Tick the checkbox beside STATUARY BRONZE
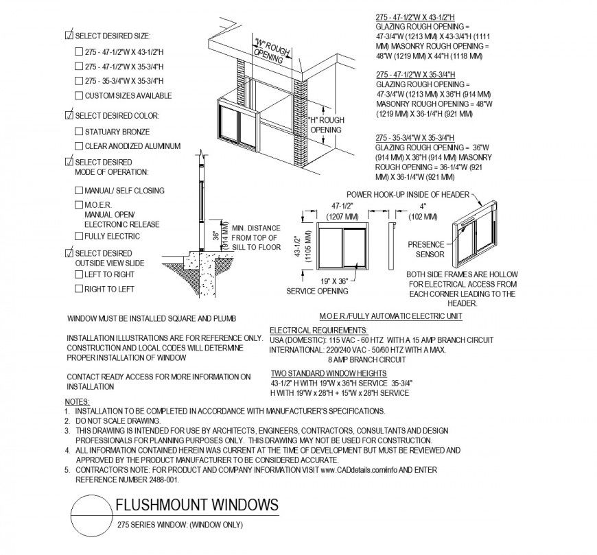78,132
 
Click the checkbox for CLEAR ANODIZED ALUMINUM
78,146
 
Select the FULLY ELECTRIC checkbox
78,237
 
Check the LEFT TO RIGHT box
78,274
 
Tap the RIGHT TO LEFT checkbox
78,289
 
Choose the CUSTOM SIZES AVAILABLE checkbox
78,96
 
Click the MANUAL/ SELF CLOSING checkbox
78,191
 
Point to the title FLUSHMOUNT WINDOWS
197,506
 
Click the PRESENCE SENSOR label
425,249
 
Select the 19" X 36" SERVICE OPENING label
316,286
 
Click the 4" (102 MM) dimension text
423,211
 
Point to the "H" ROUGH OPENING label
326,125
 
